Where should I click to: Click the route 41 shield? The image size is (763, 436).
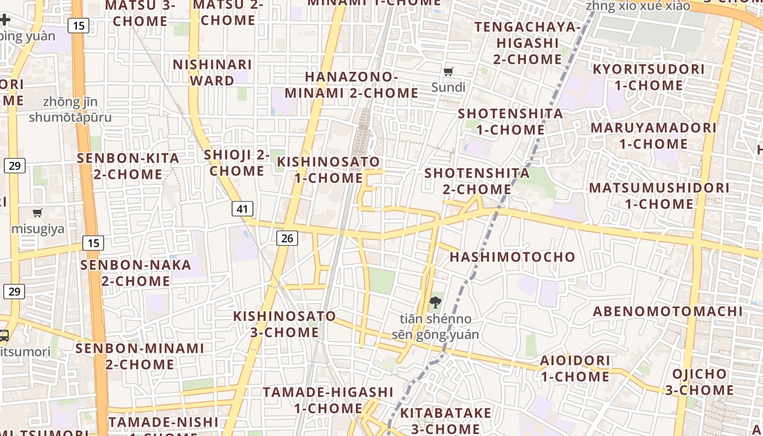(243, 208)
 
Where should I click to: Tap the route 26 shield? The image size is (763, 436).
(287, 238)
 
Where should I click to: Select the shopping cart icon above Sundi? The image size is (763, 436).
(449, 71)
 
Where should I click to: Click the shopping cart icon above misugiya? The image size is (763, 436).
(38, 213)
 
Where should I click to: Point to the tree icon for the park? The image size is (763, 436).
(435, 302)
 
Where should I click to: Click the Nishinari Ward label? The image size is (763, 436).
(212, 72)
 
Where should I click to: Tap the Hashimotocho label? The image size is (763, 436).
(512, 257)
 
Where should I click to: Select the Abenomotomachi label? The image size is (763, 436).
(668, 311)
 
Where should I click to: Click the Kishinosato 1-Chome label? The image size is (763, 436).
(328, 169)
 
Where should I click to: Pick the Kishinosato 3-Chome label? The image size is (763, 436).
(284, 324)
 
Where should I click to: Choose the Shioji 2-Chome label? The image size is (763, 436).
(237, 162)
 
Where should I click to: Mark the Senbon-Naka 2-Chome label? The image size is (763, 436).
(136, 273)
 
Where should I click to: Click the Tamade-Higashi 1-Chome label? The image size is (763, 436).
(328, 400)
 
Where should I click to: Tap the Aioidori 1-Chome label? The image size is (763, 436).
(574, 368)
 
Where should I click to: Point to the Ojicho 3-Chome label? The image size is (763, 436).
(699, 382)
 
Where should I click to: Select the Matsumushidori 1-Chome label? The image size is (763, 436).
(659, 196)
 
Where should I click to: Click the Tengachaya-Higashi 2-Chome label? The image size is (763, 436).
(527, 43)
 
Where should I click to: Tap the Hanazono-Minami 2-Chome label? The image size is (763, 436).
(352, 85)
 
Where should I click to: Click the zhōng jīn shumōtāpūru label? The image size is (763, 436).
(70, 110)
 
